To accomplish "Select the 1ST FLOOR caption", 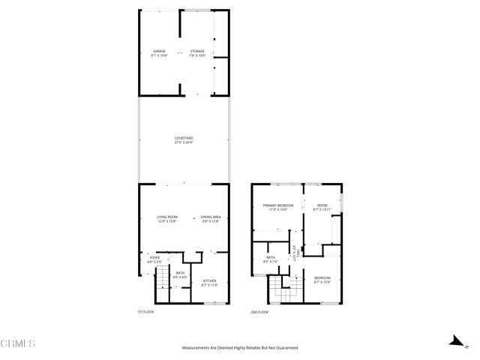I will click(145, 311).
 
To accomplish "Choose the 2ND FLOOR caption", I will click(259, 311).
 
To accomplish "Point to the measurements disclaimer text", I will click(240, 348).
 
